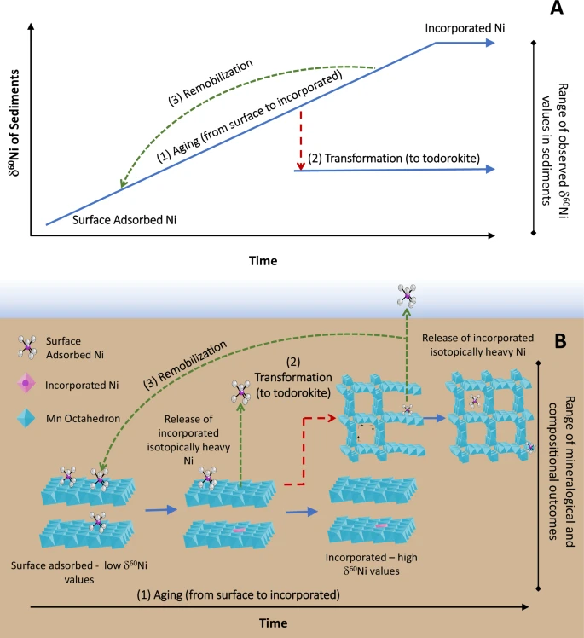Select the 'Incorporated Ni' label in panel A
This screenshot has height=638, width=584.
coord(465,28)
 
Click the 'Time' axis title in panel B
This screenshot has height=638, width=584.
coord(274,623)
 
